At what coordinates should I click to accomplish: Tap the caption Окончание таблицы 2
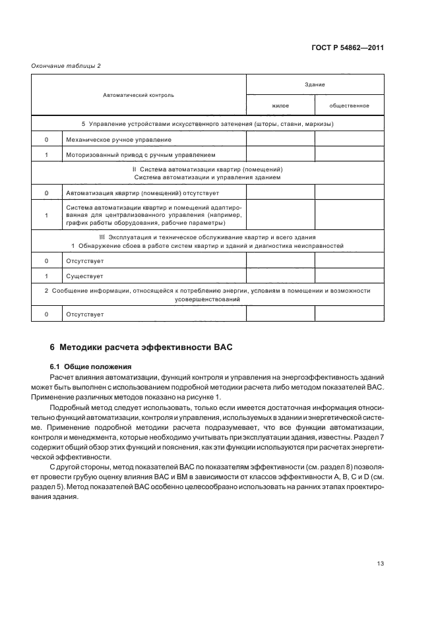[x=66, y=65]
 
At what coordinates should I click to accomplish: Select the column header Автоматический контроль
[x=139, y=95]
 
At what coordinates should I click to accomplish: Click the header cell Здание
[x=315, y=84]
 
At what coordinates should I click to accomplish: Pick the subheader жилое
[x=280, y=105]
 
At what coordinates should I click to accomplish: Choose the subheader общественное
[x=349, y=105]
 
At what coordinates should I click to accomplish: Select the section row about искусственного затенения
[x=207, y=123]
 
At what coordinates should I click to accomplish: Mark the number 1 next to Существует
[x=46, y=276]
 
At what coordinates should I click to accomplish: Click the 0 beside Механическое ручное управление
[x=46, y=140]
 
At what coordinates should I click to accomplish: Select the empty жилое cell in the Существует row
[x=280, y=276]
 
